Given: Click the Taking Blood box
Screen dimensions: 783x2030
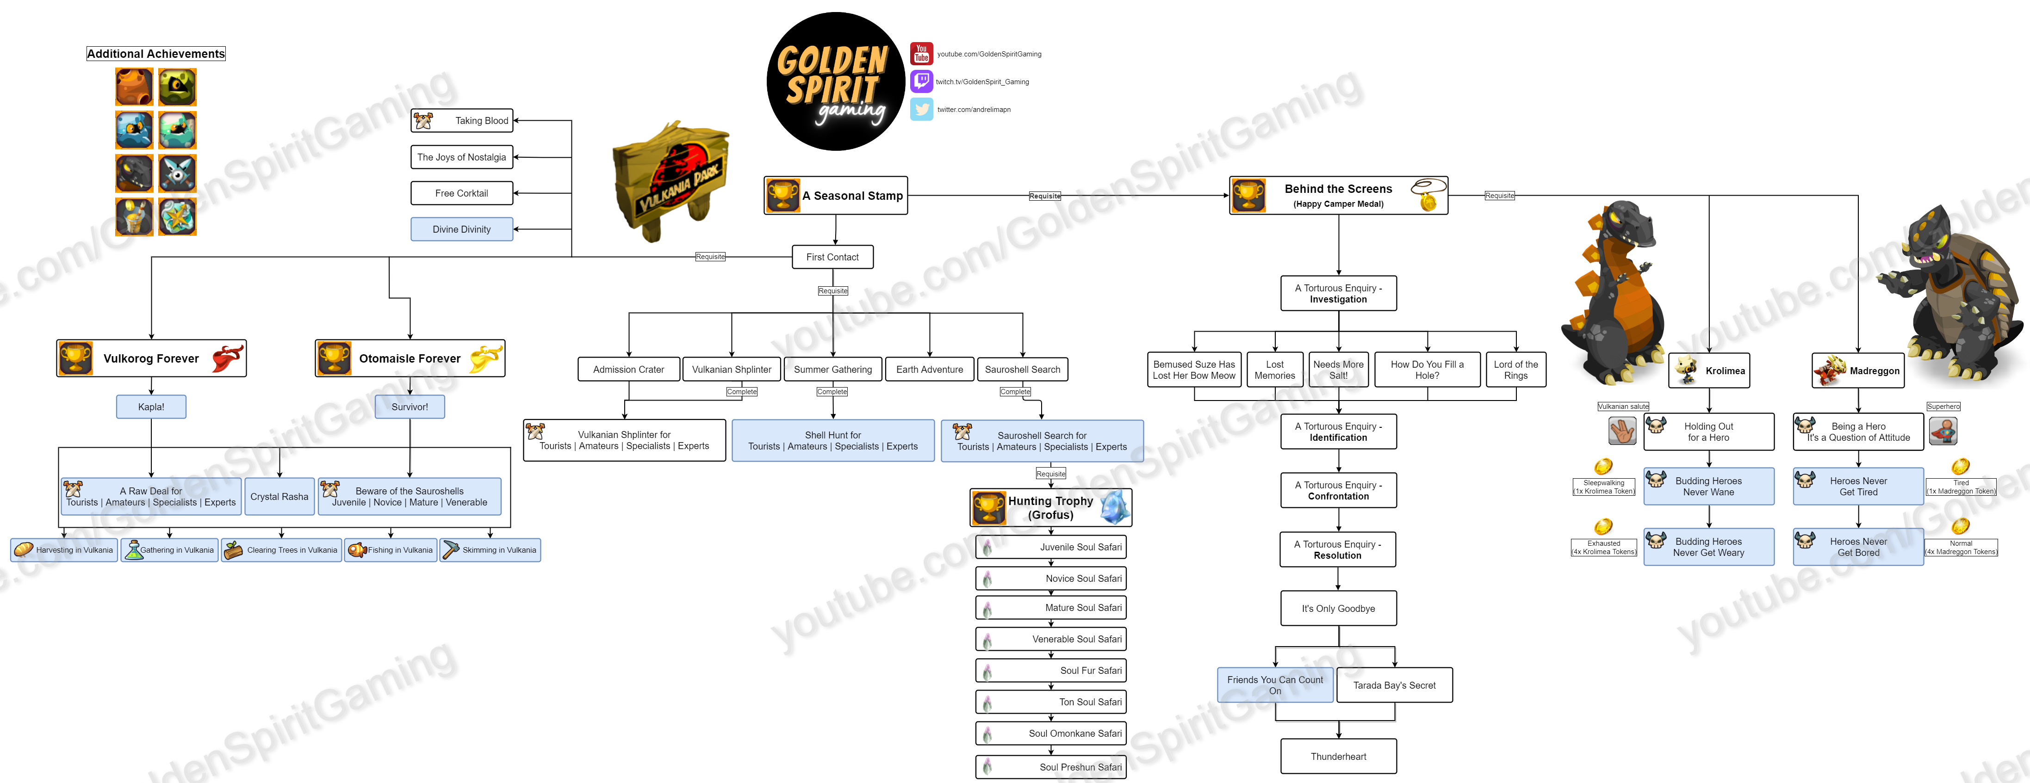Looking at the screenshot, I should (462, 121).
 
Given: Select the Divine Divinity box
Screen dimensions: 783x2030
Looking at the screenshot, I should (462, 229).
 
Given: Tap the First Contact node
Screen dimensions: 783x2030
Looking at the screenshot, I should (832, 257).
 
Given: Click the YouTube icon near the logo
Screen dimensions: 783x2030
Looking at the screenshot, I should (921, 54).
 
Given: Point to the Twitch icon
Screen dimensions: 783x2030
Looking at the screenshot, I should (921, 81).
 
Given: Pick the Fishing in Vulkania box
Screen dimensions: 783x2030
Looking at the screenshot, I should (391, 550).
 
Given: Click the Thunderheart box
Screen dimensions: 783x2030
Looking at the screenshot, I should (1338, 756).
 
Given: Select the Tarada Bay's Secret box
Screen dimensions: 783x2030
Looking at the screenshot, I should (1394, 685).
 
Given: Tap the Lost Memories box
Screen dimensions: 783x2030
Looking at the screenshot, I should (1274, 370).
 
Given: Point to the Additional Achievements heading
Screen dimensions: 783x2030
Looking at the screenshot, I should (156, 54).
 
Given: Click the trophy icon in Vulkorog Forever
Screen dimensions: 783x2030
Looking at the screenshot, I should (75, 358).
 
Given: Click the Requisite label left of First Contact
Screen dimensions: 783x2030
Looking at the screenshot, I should (710, 257).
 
